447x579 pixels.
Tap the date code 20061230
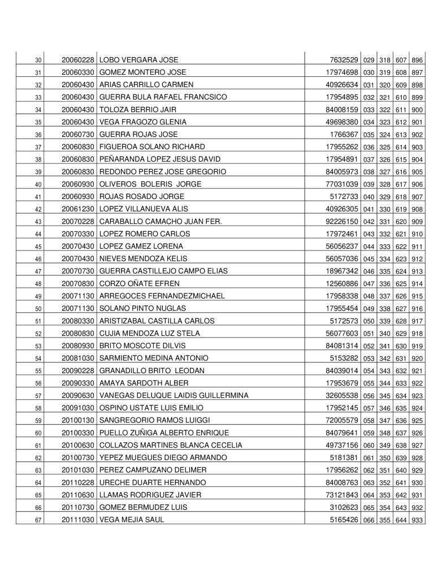79,209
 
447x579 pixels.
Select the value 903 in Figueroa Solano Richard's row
418,147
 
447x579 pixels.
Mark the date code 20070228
79,221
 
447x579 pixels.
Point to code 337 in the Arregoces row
385,296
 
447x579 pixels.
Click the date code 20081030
79,358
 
